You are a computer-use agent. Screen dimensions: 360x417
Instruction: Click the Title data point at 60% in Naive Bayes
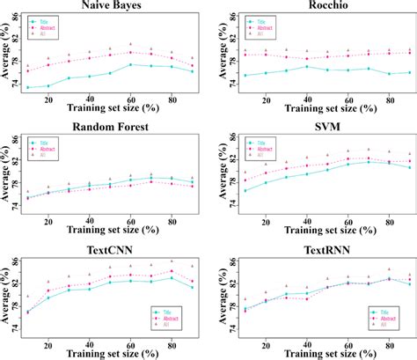click(x=130, y=64)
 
